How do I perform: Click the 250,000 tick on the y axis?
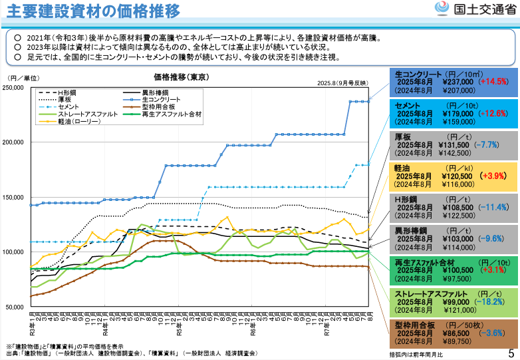tap(14, 88)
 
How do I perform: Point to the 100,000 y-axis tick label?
tap(14, 252)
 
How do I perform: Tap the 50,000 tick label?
tap(15, 307)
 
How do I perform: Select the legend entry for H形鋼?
tap(66, 92)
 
